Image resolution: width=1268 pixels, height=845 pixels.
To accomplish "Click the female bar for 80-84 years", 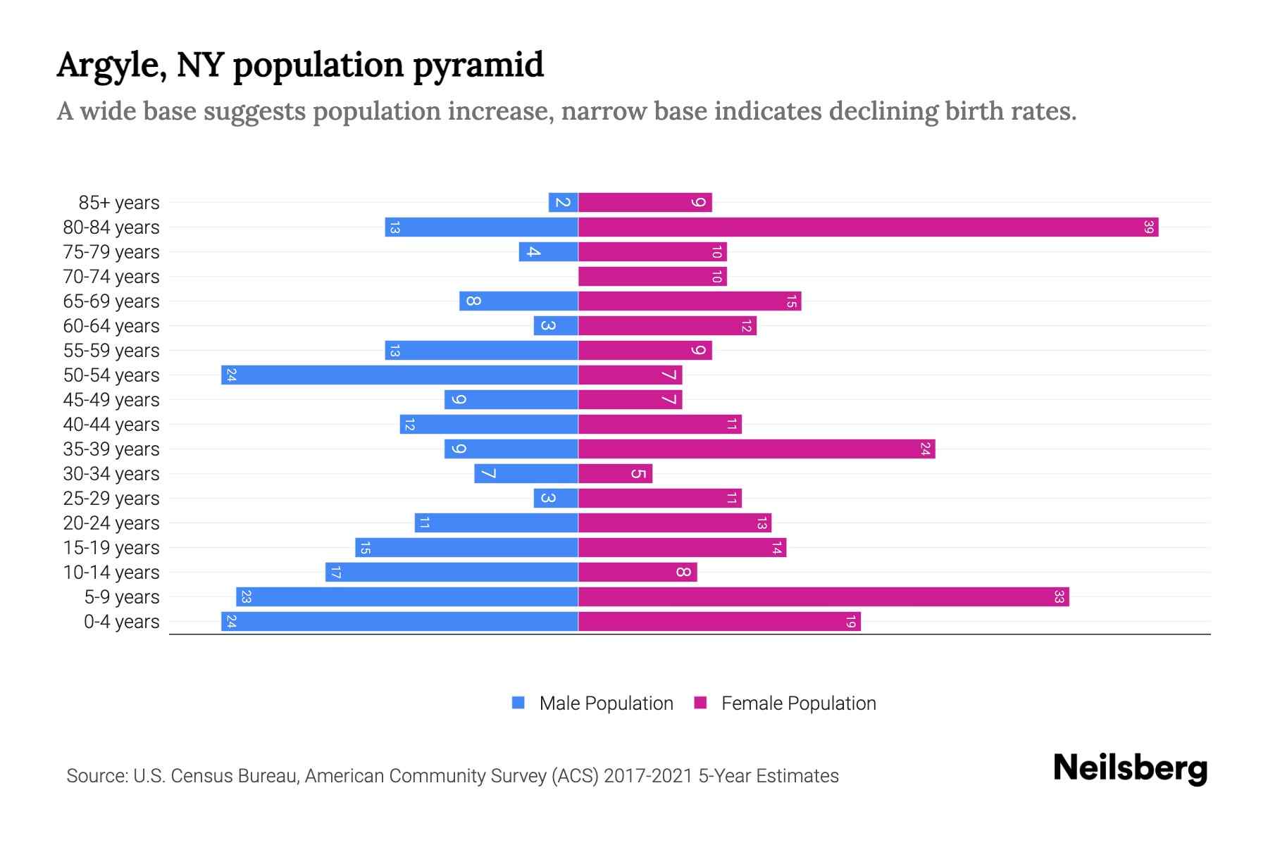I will pyautogui.click(x=868, y=227).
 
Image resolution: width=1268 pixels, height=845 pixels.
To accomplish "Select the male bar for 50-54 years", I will pyautogui.click(x=399, y=375).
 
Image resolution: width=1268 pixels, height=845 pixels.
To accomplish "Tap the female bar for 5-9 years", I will pyautogui.click(x=823, y=597).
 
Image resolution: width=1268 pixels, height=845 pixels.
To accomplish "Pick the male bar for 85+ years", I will pyautogui.click(x=563, y=203).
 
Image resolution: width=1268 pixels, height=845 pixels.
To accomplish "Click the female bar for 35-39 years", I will pyautogui.click(x=757, y=449).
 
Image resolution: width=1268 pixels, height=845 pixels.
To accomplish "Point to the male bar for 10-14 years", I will pyautogui.click(x=452, y=572).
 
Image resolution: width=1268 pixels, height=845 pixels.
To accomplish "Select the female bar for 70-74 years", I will pyautogui.click(x=652, y=277).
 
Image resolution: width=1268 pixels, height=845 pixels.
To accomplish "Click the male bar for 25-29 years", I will pyautogui.click(x=556, y=499).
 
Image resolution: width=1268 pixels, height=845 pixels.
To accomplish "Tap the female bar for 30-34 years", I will pyautogui.click(x=615, y=474).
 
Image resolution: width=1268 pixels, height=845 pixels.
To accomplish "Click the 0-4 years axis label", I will pyautogui.click(x=121, y=622).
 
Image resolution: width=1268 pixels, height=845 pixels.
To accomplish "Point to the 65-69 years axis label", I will pyautogui.click(x=111, y=301).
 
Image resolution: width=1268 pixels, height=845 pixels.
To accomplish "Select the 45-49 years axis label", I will pyautogui.click(x=111, y=400).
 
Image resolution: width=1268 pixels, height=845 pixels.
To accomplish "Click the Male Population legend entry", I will pyautogui.click(x=592, y=703).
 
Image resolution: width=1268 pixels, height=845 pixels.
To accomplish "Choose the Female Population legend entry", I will pyautogui.click(x=785, y=703).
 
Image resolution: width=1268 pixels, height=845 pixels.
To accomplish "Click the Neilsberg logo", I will pyautogui.click(x=1130, y=768).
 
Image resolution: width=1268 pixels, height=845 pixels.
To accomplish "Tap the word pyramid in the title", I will pyautogui.click(x=478, y=65).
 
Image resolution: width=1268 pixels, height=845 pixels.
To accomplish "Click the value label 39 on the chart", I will pyautogui.click(x=1148, y=227).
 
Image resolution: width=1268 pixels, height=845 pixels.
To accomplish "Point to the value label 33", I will pyautogui.click(x=1059, y=597).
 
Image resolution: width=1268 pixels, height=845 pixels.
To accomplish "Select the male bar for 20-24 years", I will pyautogui.click(x=496, y=523).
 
